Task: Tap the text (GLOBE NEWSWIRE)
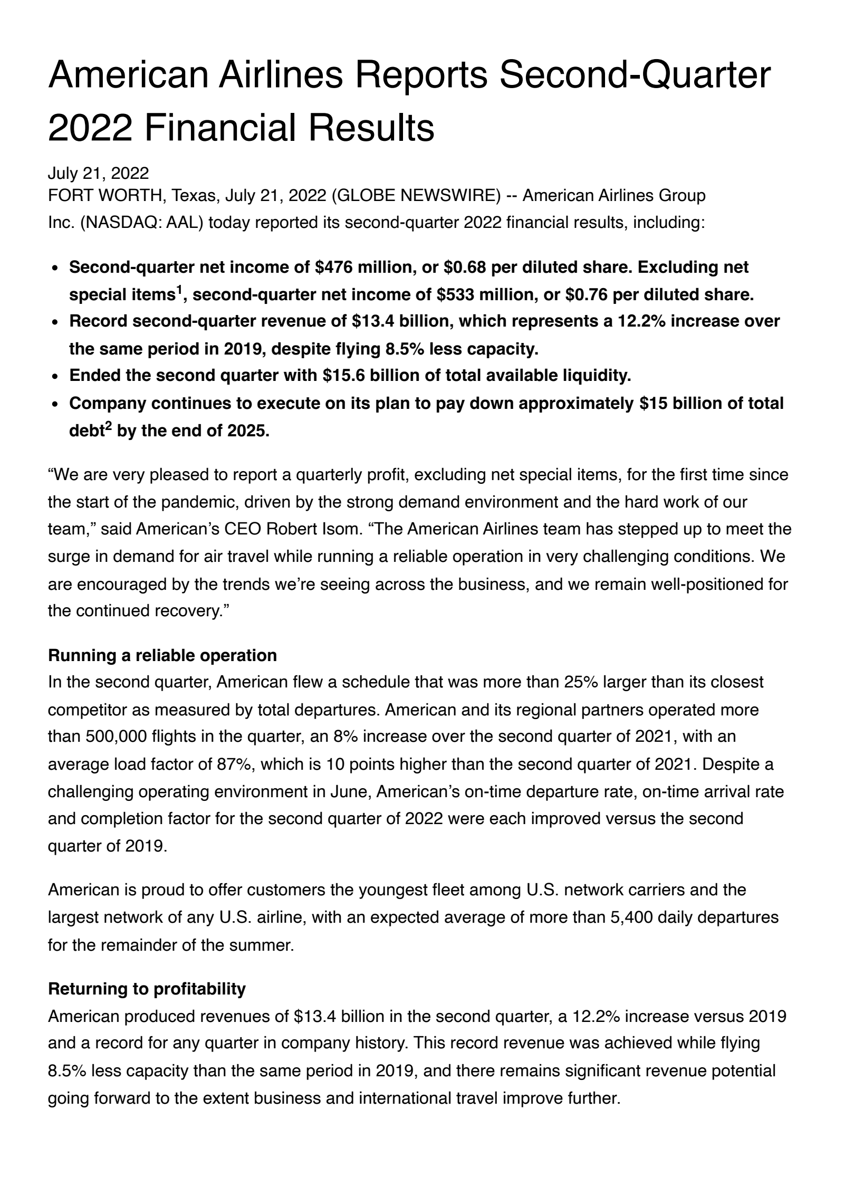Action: point(419,195)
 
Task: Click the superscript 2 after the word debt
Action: point(108,425)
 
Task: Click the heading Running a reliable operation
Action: point(162,655)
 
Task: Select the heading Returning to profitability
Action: point(147,989)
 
